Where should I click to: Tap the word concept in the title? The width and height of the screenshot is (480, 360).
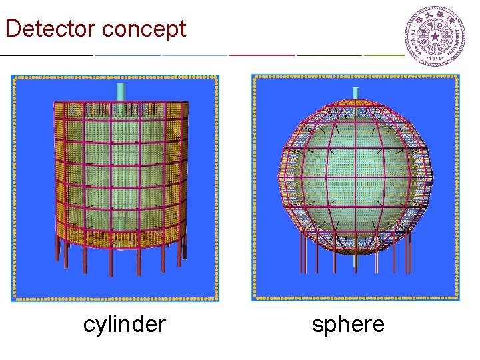click(145, 29)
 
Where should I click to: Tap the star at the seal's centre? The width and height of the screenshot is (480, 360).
click(436, 36)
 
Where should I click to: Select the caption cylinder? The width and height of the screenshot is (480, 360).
click(124, 325)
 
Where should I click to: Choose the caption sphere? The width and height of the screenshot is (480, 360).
click(348, 325)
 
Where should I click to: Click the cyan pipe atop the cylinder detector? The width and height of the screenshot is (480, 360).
click(121, 91)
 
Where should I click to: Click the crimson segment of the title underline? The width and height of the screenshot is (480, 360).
click(261, 54)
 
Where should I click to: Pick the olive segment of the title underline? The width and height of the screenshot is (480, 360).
click(384, 54)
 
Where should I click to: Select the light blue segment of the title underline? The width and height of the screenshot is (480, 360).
click(195, 54)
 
